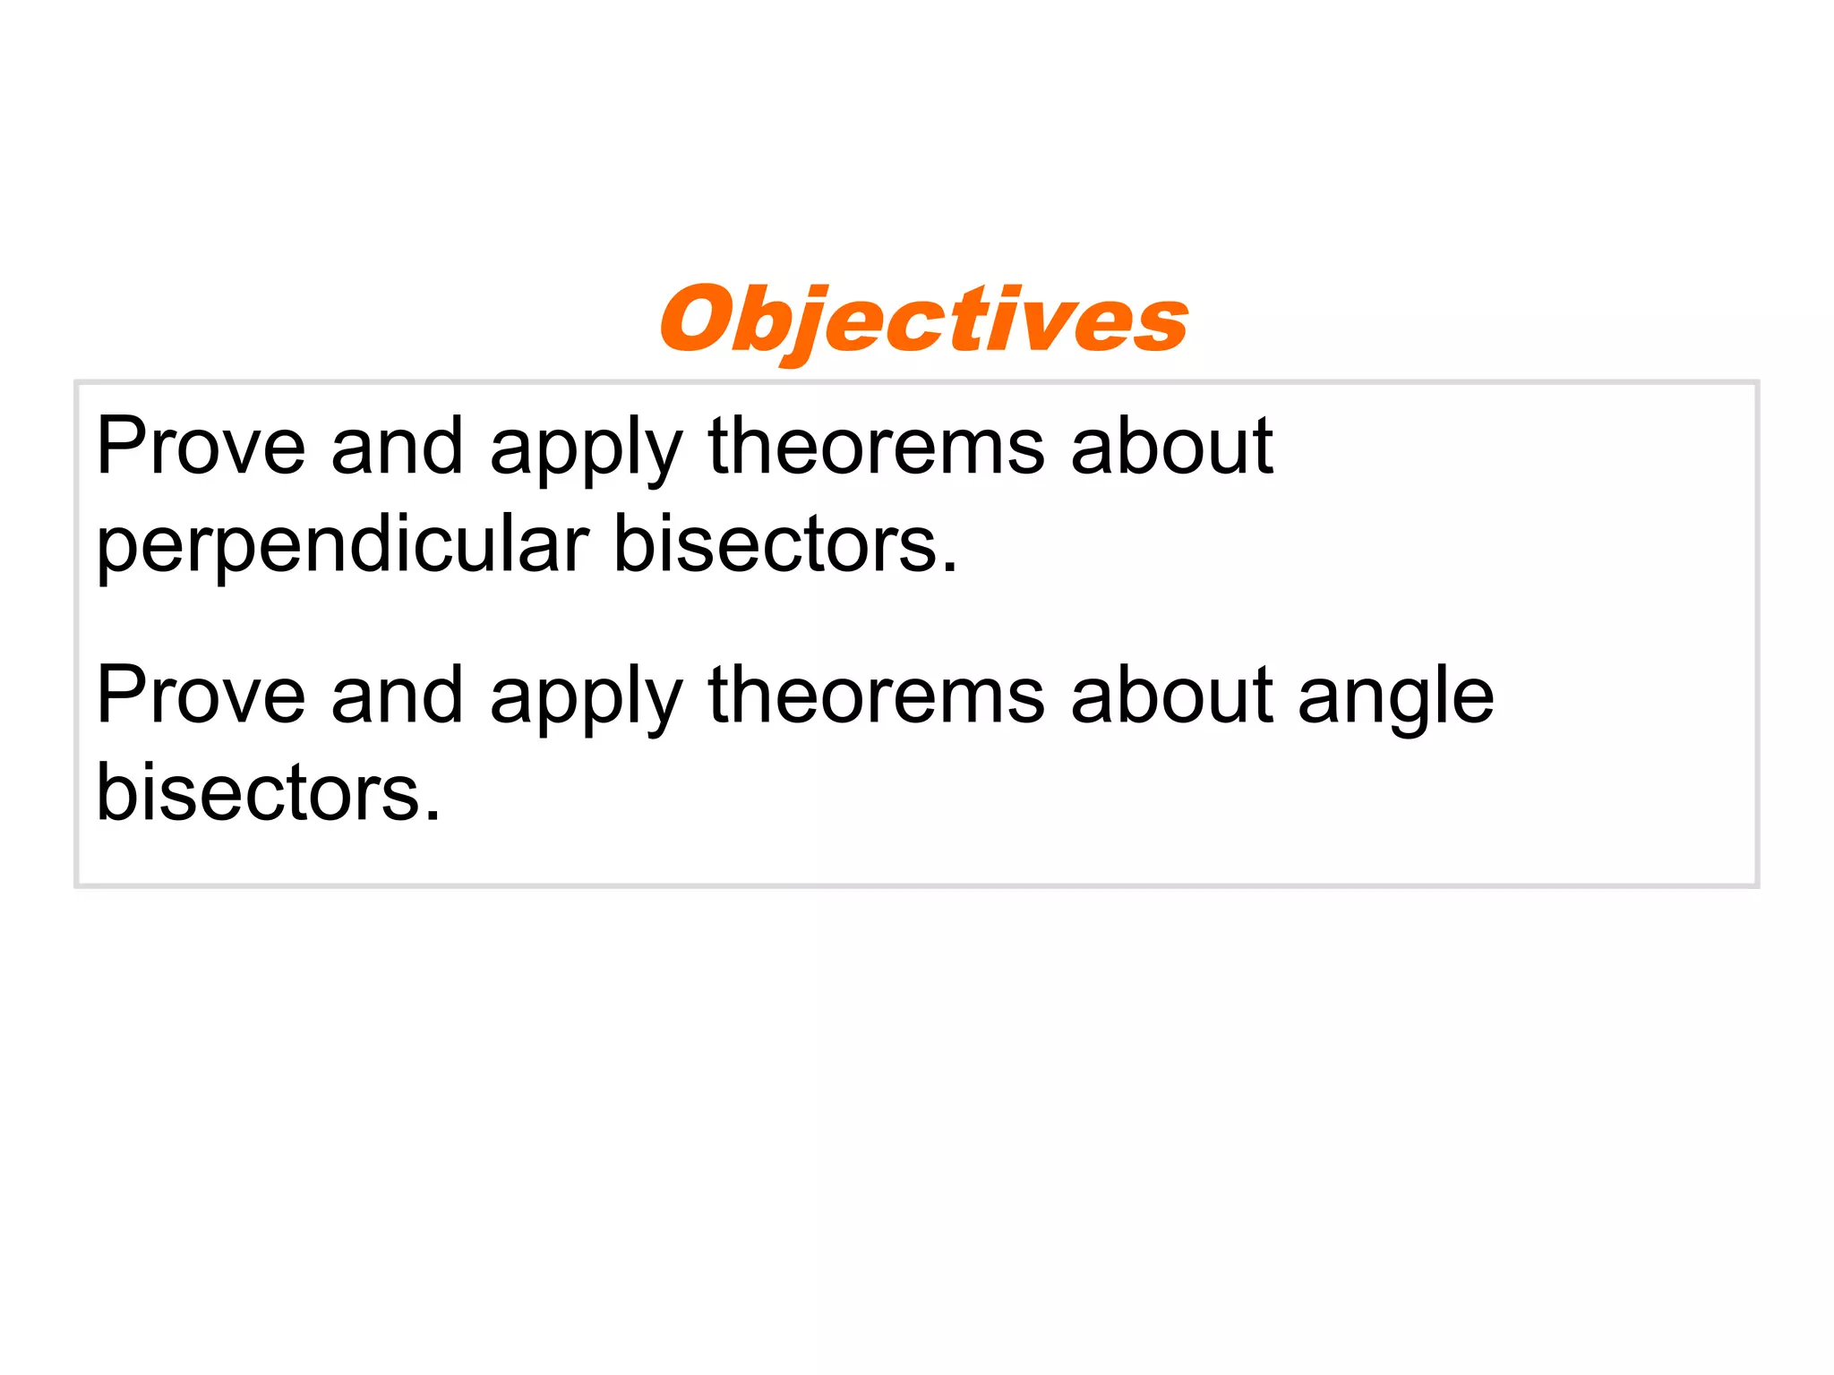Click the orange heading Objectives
924,320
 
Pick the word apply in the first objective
587,452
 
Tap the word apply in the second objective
587,701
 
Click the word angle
1395,701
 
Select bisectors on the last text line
258,792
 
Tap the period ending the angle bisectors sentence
433,816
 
